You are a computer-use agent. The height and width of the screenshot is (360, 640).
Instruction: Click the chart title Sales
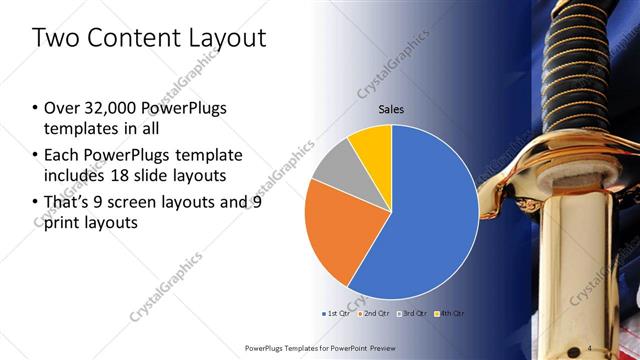point(391,109)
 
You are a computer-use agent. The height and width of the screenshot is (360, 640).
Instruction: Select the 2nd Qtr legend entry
point(375,313)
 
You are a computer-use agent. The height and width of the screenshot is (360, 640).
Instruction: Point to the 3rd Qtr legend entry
point(413,313)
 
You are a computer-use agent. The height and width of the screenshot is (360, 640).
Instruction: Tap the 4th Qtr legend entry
point(451,313)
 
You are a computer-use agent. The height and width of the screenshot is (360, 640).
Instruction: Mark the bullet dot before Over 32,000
point(35,108)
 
